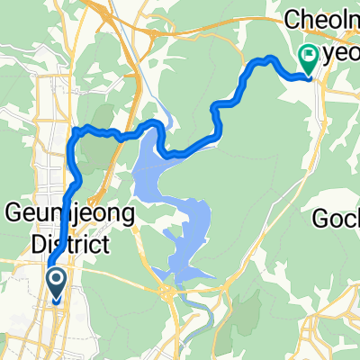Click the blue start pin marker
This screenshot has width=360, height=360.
tap(56, 286)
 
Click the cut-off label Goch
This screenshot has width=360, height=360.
tap(337, 219)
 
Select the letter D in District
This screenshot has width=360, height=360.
tap(16, 244)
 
